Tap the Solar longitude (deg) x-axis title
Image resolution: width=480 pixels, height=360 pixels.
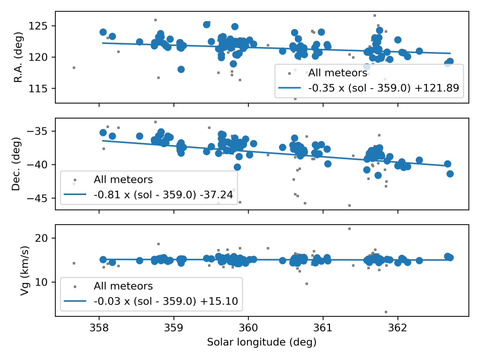click(262, 342)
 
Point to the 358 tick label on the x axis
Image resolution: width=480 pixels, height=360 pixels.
click(99, 327)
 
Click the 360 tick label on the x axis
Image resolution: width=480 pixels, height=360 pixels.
click(248, 327)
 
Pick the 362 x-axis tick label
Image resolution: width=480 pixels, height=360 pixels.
click(398, 327)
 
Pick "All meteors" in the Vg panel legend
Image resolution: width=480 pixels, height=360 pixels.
click(123, 286)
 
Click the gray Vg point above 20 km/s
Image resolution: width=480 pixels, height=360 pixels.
click(349, 229)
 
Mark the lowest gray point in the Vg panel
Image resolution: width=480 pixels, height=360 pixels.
click(386, 312)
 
